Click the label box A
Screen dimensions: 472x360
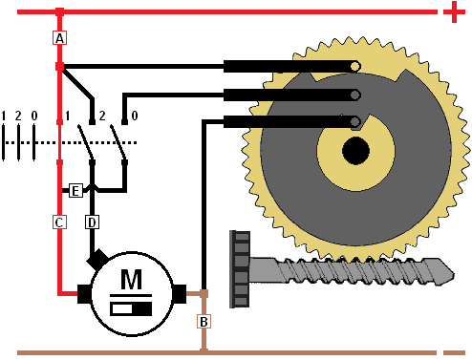59,38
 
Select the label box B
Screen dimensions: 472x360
204,322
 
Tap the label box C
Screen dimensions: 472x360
59,222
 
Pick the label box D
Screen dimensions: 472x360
92,222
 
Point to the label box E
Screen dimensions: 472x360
75,191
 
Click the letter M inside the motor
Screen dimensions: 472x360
131,279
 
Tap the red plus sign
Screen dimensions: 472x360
454,12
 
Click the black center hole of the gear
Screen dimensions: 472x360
355,151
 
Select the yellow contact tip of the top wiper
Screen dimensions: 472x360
355,66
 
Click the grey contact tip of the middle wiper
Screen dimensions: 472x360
355,95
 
